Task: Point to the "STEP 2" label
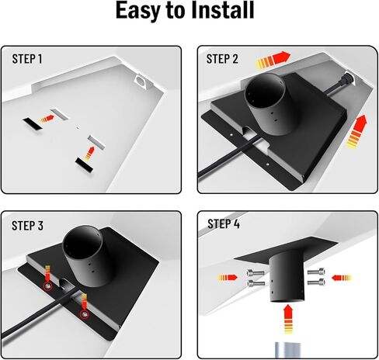tap(224, 58)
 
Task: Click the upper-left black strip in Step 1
tap(34, 123)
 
